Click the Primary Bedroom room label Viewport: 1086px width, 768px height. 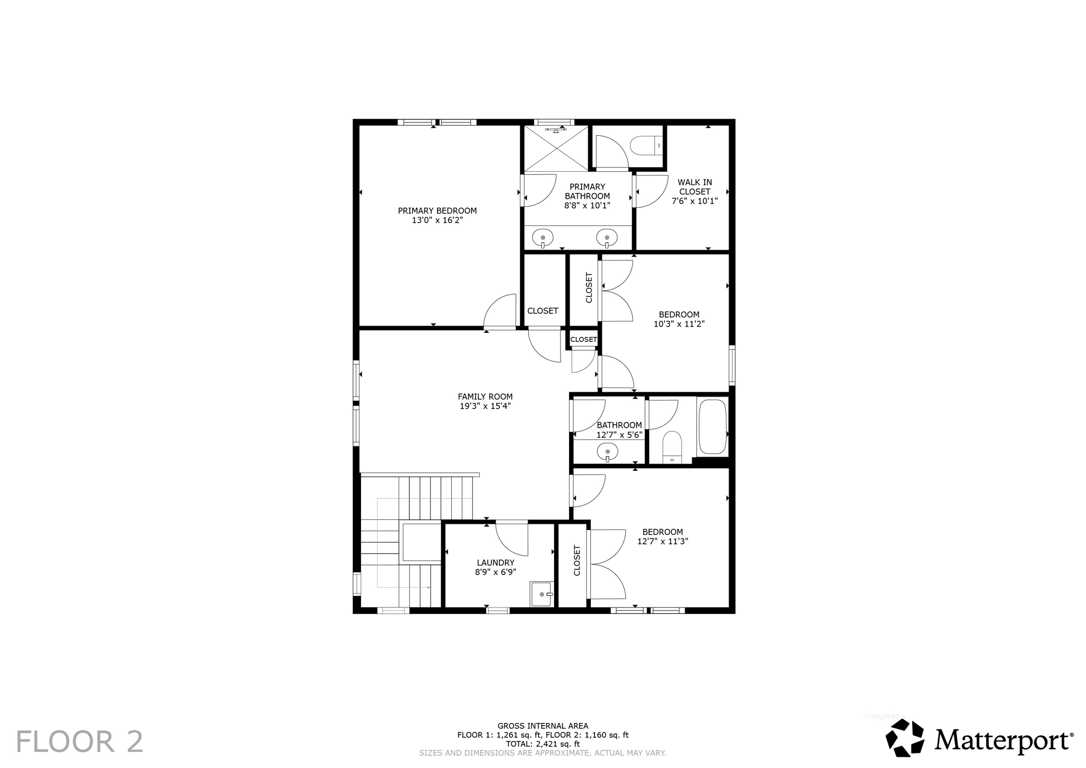tap(437, 210)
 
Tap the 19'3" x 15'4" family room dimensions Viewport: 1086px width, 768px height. tap(485, 406)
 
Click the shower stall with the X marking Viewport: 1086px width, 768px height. tap(556, 149)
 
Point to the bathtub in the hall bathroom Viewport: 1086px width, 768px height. tap(712, 426)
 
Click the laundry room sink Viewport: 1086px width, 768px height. tap(542, 594)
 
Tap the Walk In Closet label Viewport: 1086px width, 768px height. tap(695, 187)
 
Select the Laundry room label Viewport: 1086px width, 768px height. tap(495, 562)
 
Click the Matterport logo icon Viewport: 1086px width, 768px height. tap(905, 737)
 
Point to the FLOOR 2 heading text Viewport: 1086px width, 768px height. tap(80, 741)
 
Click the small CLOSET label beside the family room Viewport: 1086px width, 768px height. tap(583, 339)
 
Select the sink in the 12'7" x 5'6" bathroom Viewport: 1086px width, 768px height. tap(607, 452)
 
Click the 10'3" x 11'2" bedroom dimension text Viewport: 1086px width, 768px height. tap(679, 324)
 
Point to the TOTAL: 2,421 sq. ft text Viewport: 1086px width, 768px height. tap(542, 744)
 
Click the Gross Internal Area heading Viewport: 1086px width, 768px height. tap(542, 726)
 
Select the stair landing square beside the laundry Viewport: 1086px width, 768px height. tap(422, 542)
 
